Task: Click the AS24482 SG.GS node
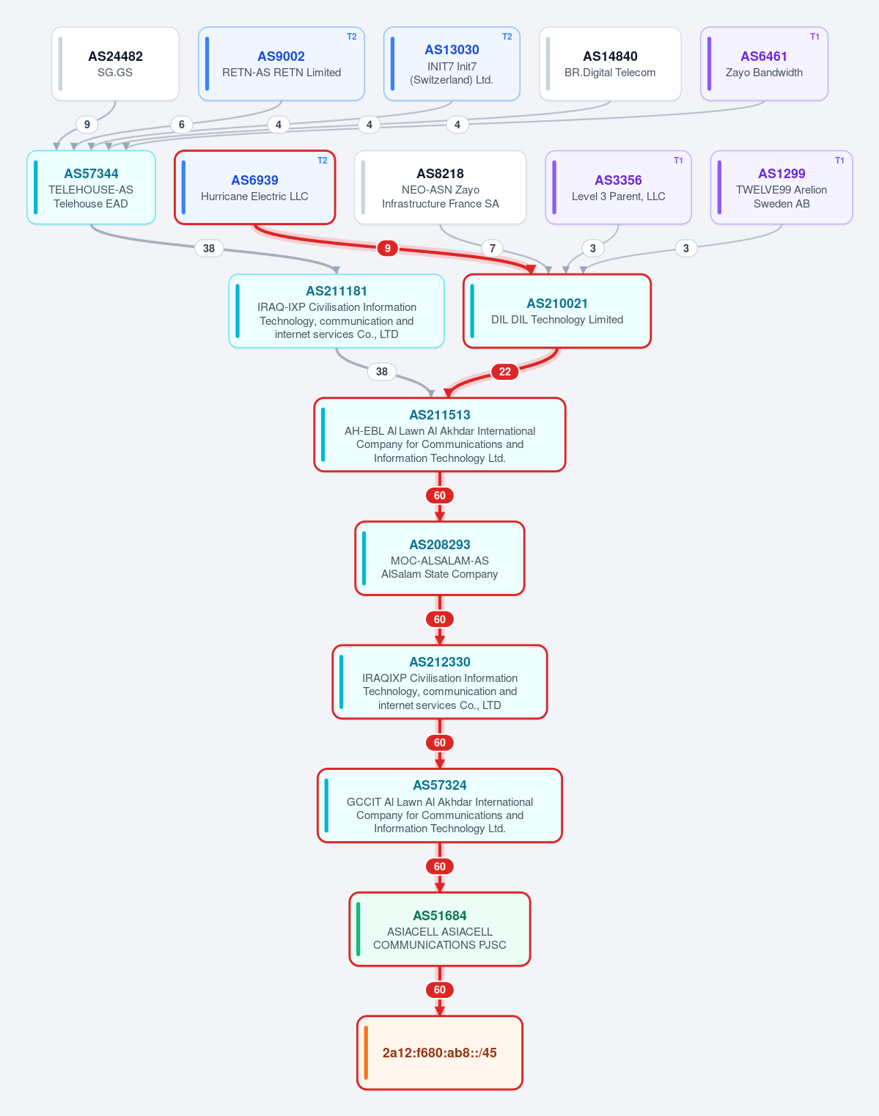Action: pyautogui.click(x=115, y=64)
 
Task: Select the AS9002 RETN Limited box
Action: pyautogui.click(x=281, y=64)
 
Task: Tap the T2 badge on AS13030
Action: pyautogui.click(x=507, y=37)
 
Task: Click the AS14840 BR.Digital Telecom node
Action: pyautogui.click(x=610, y=64)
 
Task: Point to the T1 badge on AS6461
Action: pyautogui.click(x=814, y=37)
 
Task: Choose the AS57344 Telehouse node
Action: pyautogui.click(x=91, y=188)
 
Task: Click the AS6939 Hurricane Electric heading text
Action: pyautogui.click(x=254, y=180)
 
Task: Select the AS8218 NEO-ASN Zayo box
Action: pyautogui.click(x=441, y=188)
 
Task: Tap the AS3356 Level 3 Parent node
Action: pyautogui.click(x=618, y=188)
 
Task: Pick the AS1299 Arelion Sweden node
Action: pyautogui.click(x=781, y=188)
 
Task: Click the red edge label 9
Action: pyautogui.click(x=387, y=249)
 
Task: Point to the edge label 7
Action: pyautogui.click(x=492, y=249)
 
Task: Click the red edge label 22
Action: pyautogui.click(x=504, y=372)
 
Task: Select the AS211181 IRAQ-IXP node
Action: pyautogui.click(x=336, y=311)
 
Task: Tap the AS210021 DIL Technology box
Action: pyautogui.click(x=557, y=311)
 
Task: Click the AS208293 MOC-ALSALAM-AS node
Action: pyautogui.click(x=440, y=559)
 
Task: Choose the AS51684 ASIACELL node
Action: pyautogui.click(x=440, y=929)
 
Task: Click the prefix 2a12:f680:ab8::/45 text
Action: pyautogui.click(x=440, y=1053)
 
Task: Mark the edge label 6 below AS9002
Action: pyautogui.click(x=182, y=125)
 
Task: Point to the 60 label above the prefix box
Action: pyautogui.click(x=440, y=990)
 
